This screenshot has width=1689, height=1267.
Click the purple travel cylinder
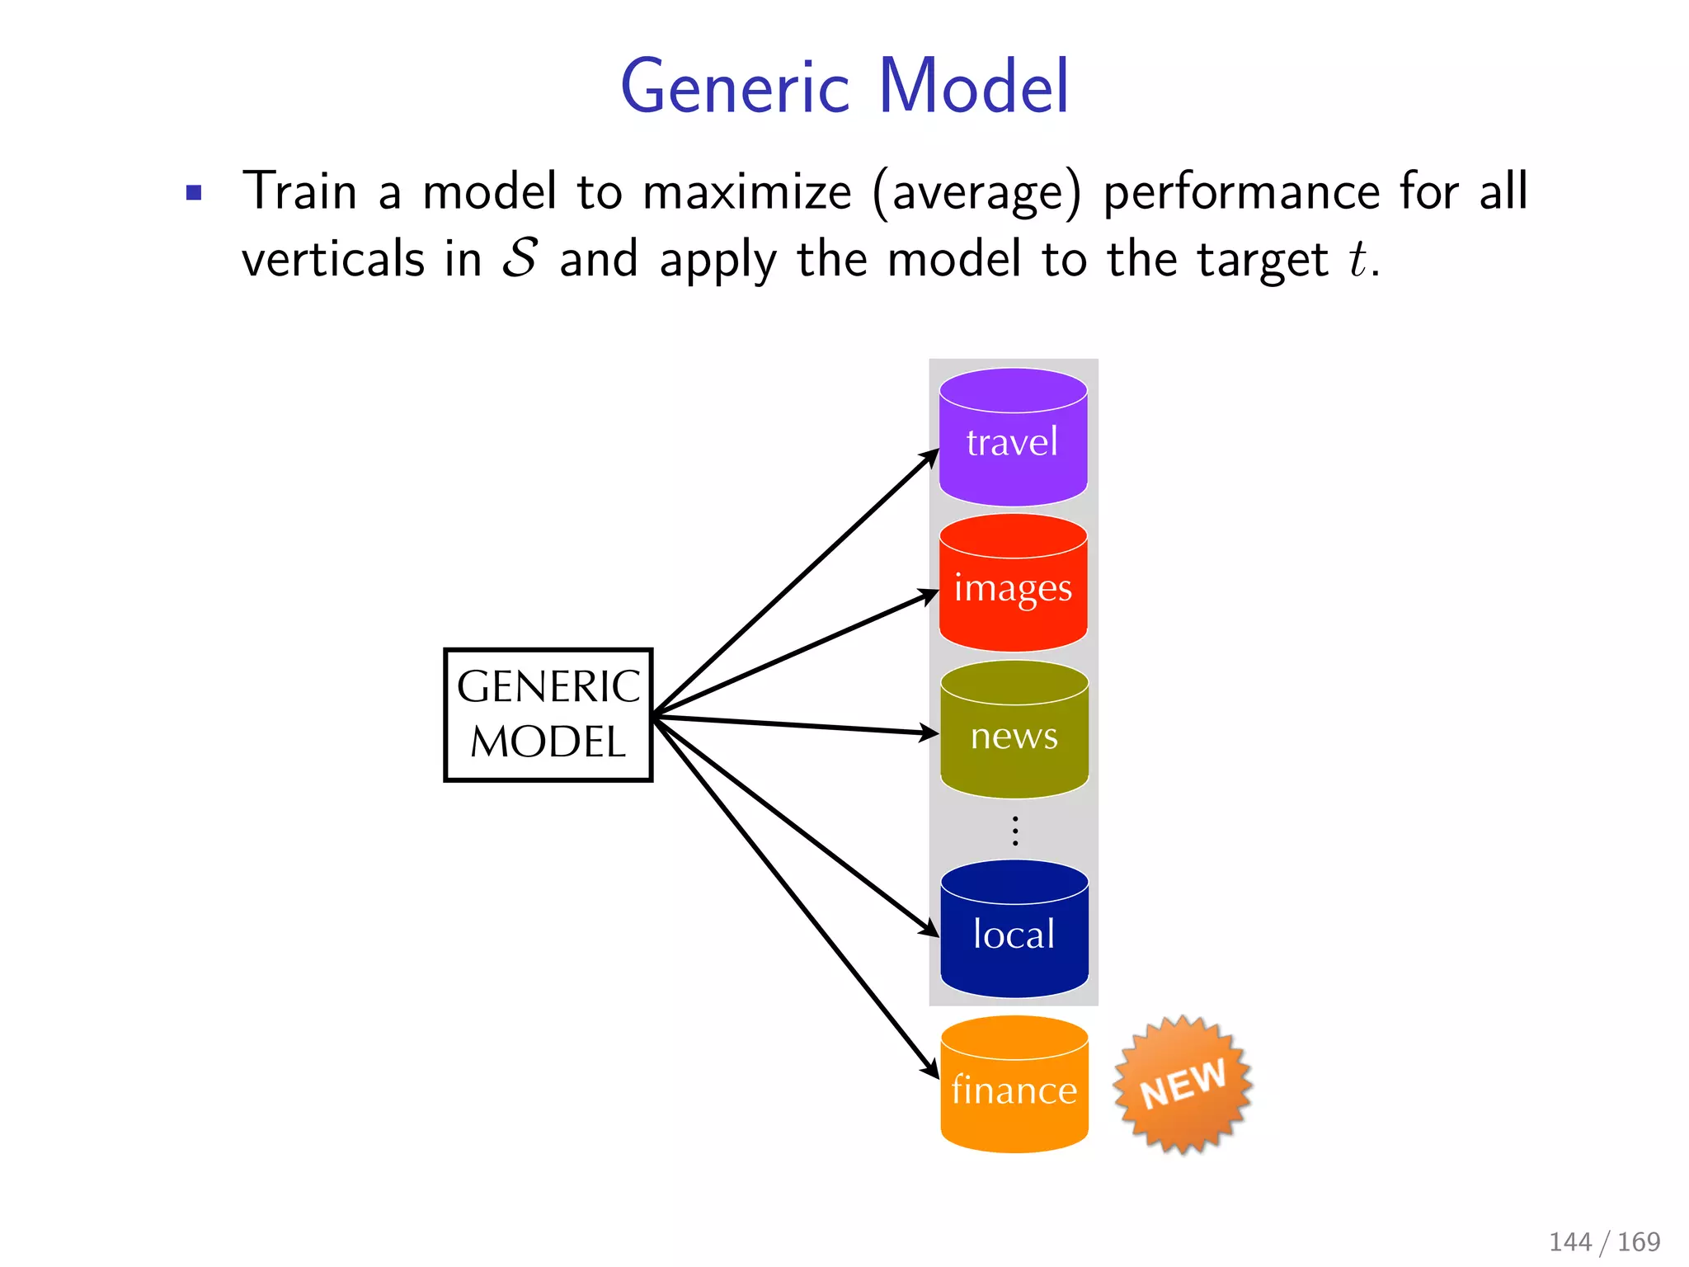[x=1013, y=438]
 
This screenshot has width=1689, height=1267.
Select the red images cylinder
[x=1013, y=584]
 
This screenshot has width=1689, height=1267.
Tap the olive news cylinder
[x=1014, y=731]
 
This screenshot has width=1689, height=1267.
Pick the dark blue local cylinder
[x=1014, y=930]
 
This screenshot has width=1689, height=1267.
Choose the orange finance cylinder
[x=1014, y=1086]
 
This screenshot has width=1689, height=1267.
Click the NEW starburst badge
[x=1183, y=1084]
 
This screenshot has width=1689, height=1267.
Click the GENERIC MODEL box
[x=548, y=714]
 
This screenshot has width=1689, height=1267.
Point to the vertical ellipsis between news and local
[x=1015, y=830]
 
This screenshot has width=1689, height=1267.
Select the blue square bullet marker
[x=194, y=193]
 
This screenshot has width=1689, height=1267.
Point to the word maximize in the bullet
[x=746, y=192]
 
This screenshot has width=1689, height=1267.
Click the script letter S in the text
[x=520, y=258]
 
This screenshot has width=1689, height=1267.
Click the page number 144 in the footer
[x=1569, y=1241]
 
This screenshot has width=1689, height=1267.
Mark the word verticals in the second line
[x=333, y=259]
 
